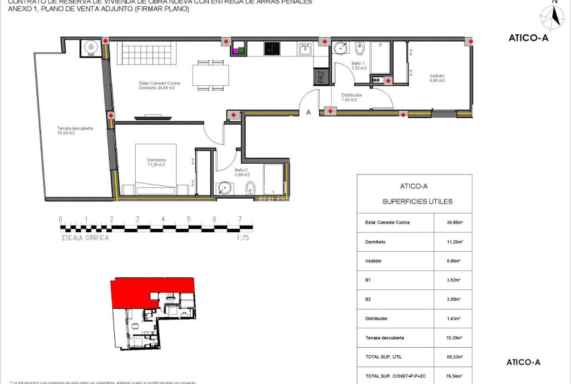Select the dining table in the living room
[210, 75]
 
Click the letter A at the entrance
[308, 113]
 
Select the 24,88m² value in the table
[455, 222]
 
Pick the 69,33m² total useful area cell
[455, 356]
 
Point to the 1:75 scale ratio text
[243, 237]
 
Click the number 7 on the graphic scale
[240, 219]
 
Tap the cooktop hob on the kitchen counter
[271, 48]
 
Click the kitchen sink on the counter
[306, 48]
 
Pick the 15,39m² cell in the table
[455, 337]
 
